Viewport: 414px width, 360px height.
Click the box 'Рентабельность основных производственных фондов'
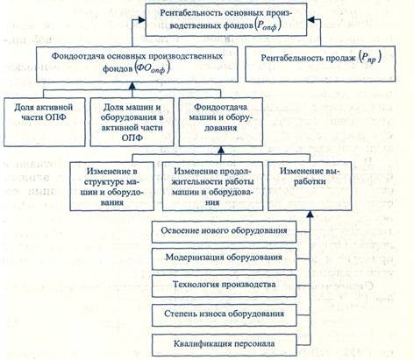[226, 20]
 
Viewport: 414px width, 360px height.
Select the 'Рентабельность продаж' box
[320, 64]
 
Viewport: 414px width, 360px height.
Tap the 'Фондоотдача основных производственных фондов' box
[137, 64]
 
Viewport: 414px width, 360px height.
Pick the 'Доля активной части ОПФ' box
[45, 122]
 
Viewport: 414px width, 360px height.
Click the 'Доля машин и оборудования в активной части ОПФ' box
[132, 122]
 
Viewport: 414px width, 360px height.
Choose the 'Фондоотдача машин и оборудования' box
[221, 122]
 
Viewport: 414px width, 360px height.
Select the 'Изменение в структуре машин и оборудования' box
[112, 186]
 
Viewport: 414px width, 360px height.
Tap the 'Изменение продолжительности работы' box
[212, 186]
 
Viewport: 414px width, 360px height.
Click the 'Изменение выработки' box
[310, 186]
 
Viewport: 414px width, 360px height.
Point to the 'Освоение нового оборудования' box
[225, 231]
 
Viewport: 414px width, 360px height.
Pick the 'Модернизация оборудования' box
[225, 258]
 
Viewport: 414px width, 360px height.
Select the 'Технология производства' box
[225, 286]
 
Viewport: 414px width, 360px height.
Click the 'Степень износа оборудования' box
[225, 314]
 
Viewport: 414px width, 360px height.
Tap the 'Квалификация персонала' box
[225, 345]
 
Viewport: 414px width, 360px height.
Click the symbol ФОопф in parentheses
[153, 69]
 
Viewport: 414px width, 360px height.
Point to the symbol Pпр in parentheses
[370, 57]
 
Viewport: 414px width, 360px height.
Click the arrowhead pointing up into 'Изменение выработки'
[310, 215]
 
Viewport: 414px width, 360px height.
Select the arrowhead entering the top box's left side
[142, 19]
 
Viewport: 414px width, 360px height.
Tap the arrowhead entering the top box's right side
[310, 19]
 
